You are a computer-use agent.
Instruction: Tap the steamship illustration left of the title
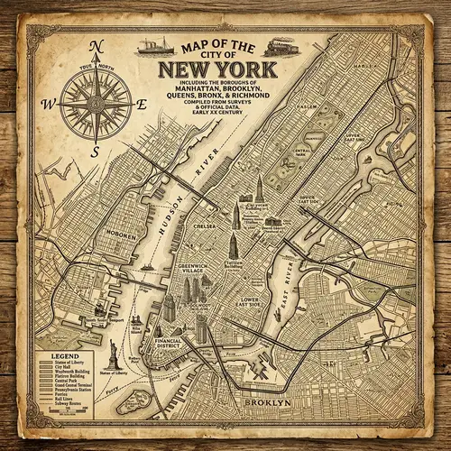[154, 47]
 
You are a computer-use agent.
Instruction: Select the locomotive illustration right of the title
[281, 45]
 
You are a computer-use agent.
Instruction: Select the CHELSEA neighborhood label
[205, 226]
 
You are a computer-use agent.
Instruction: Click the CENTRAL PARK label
[303, 150]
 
